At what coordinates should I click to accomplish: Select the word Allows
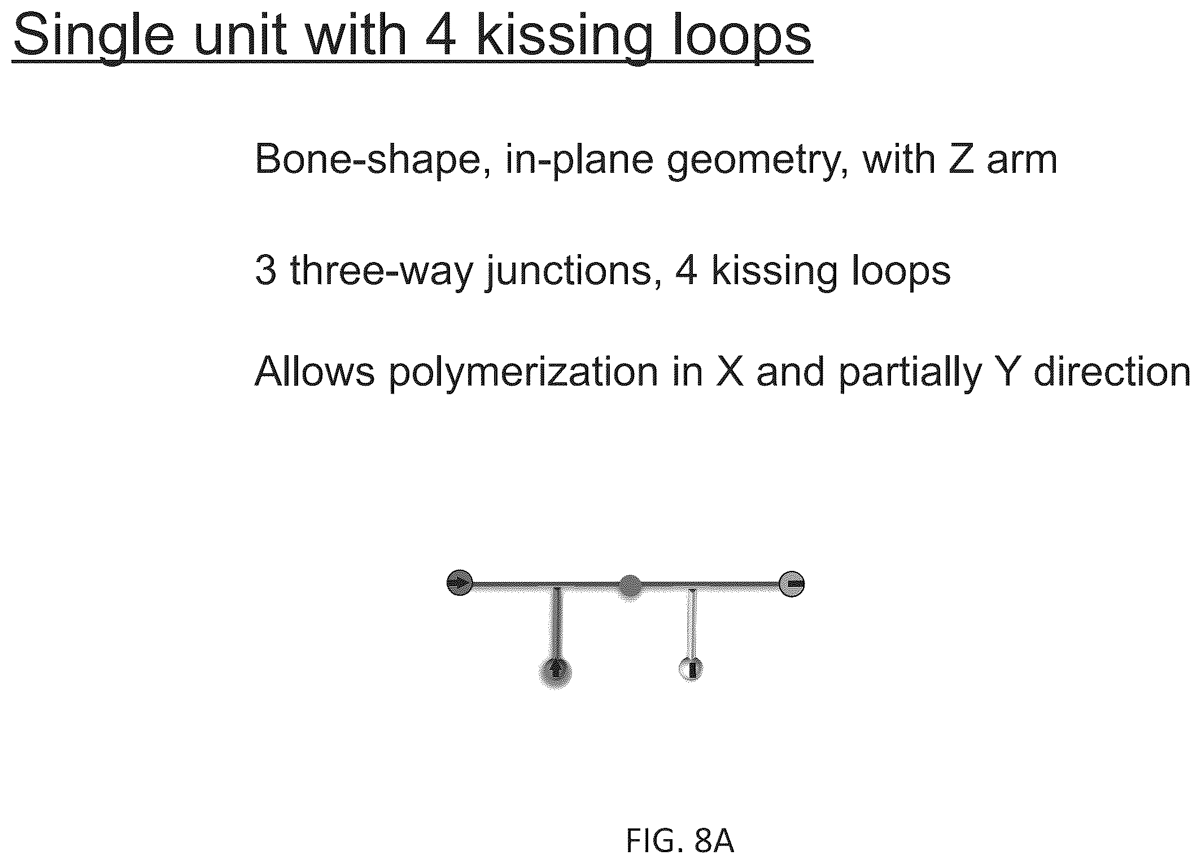315,372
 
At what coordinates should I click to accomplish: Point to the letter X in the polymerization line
730,372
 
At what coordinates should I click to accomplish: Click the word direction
1111,372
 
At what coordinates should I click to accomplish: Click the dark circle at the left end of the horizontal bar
460,582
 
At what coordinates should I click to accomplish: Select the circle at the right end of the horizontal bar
792,584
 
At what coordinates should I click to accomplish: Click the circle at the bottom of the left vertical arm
556,671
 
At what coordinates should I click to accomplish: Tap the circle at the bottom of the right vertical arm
691,669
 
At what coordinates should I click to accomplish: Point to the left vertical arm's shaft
557,621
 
